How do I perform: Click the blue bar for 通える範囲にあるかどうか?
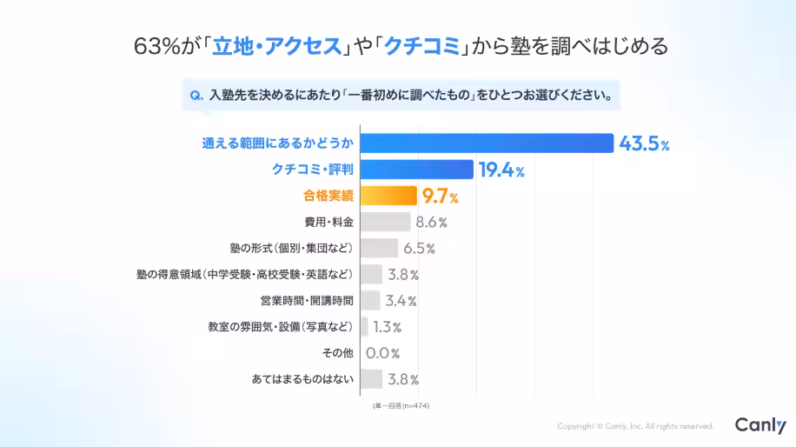pyautogui.click(x=487, y=143)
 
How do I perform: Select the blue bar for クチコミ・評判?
pyautogui.click(x=416, y=170)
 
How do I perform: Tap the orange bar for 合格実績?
pyautogui.click(x=388, y=196)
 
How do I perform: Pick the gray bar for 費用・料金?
pyautogui.click(x=385, y=222)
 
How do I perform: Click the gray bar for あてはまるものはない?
pyautogui.click(x=371, y=379)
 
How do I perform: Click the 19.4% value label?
pyautogui.click(x=501, y=170)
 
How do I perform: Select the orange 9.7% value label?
pyautogui.click(x=440, y=197)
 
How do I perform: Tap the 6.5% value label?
pyautogui.click(x=419, y=249)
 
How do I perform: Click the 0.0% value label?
pyautogui.click(x=382, y=353)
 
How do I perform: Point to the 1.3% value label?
pyautogui.click(x=387, y=327)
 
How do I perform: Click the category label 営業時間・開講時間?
pyautogui.click(x=307, y=301)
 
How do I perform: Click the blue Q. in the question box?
pyautogui.click(x=196, y=95)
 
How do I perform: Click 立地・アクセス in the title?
pyautogui.click(x=276, y=46)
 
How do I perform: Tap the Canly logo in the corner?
pyautogui.click(x=760, y=425)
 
